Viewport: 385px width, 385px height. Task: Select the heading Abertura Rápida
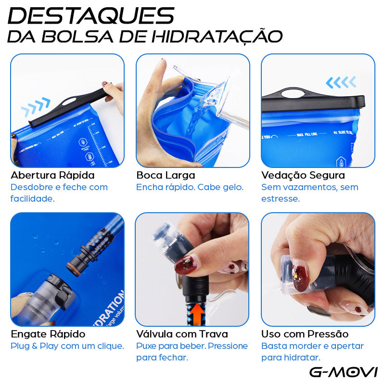coord(52,175)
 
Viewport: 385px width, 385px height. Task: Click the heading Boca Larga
coord(166,175)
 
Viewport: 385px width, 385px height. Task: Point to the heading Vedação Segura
coord(303,175)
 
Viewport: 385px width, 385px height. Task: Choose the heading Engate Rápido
coord(48,334)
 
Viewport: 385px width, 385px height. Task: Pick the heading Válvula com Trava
coord(182,334)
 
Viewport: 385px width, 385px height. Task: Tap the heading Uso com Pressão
coord(305,334)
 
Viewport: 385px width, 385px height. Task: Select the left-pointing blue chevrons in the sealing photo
coord(341,82)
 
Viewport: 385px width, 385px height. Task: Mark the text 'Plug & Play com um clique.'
coord(67,346)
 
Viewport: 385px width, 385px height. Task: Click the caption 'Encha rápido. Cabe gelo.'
coord(190,187)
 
